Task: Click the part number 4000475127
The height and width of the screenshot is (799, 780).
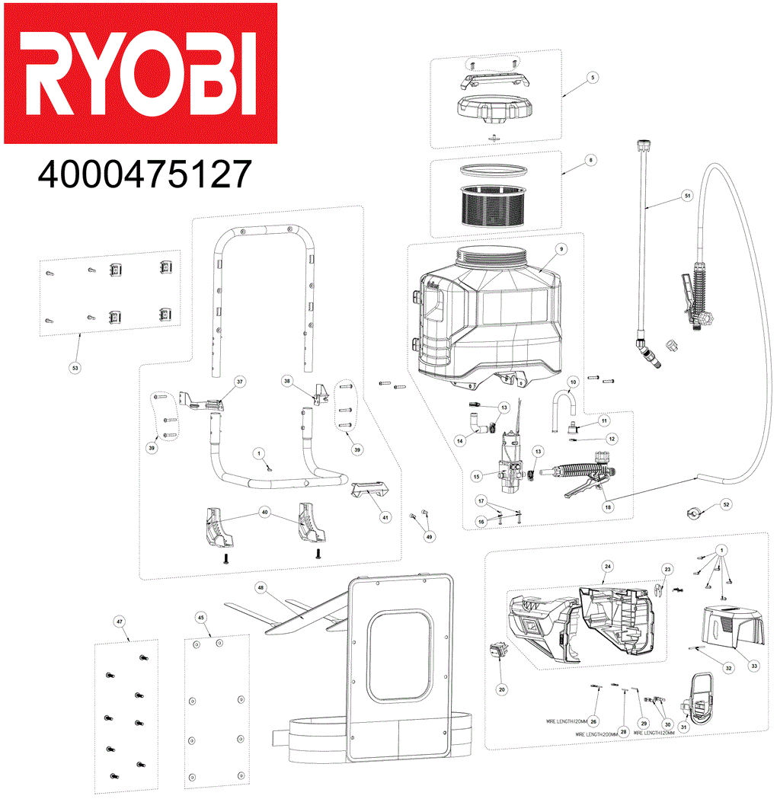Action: pyautogui.click(x=145, y=174)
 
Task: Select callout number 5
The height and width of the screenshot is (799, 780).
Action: pyautogui.click(x=592, y=77)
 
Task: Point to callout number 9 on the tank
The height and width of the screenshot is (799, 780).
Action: pyautogui.click(x=560, y=249)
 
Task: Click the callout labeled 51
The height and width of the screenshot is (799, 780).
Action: pyautogui.click(x=686, y=196)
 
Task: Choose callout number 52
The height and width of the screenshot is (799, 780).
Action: pyautogui.click(x=725, y=505)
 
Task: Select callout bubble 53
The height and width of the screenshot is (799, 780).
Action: pyautogui.click(x=75, y=368)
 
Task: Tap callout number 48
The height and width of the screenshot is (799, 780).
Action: pyautogui.click(x=261, y=588)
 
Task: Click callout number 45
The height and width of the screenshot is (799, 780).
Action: pyautogui.click(x=201, y=617)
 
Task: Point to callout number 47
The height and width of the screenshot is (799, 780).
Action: pyautogui.click(x=120, y=622)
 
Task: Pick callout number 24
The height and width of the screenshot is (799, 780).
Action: pyautogui.click(x=607, y=566)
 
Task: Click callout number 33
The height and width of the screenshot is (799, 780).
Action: pyautogui.click(x=754, y=666)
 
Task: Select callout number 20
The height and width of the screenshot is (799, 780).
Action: pyautogui.click(x=501, y=689)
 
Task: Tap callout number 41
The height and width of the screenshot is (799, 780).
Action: pyautogui.click(x=385, y=518)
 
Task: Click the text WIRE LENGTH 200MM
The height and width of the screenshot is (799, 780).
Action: pyautogui.click(x=596, y=734)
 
